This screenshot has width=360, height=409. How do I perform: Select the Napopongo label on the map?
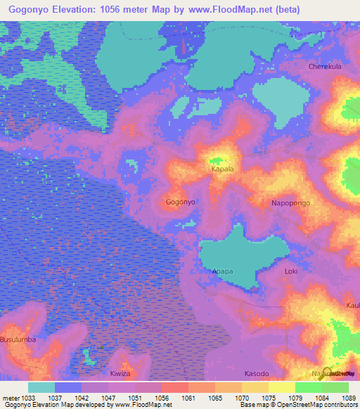click(x=290, y=203)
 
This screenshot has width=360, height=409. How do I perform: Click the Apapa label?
click(x=222, y=271)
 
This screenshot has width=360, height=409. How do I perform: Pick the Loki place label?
click(x=291, y=271)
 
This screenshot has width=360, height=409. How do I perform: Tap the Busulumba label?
click(x=17, y=339)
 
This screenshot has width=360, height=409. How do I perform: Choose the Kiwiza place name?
click(x=121, y=373)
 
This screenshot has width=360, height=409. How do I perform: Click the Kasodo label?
click(x=256, y=373)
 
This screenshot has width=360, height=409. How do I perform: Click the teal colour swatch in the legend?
click(x=41, y=387)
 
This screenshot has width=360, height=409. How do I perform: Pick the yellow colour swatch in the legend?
click(x=281, y=387)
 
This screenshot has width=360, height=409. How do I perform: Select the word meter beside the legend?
click(x=11, y=397)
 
